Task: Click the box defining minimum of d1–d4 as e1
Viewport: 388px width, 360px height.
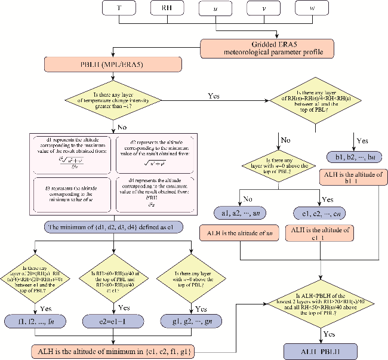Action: (x=112, y=227)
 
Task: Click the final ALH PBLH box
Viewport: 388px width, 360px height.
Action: (x=321, y=350)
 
